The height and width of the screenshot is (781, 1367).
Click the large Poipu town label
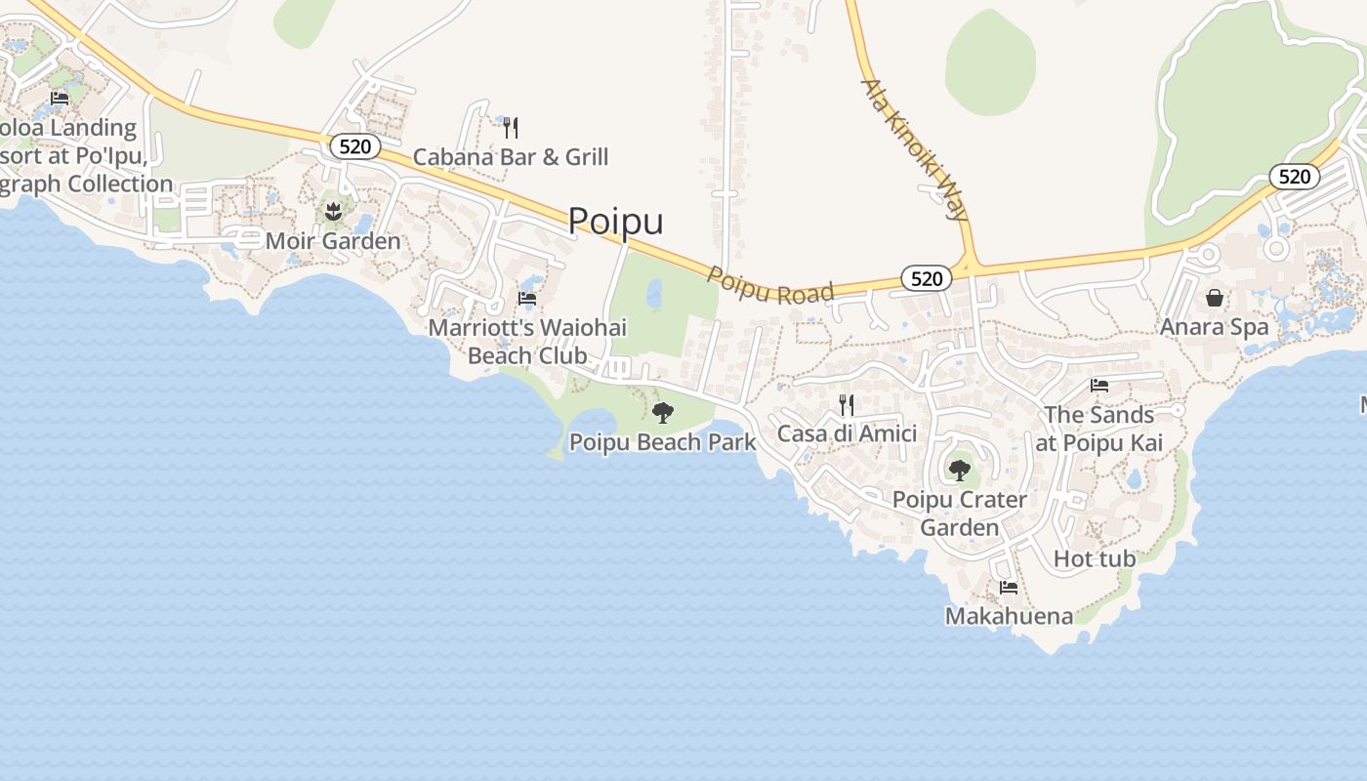point(615,221)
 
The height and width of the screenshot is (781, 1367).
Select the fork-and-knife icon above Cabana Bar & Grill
point(510,127)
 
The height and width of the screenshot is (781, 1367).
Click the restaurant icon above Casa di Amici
point(847,404)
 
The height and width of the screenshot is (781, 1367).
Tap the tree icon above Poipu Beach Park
point(663,412)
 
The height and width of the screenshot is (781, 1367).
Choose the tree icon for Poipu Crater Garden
point(960,470)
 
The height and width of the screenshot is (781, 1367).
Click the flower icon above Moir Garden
point(333,210)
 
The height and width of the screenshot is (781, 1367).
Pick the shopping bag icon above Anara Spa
point(1214,298)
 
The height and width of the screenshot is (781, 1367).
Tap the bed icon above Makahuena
point(1009,588)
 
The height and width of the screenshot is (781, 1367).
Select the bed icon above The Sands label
point(1099,386)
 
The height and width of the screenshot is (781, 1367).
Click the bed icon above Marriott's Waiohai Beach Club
point(527,298)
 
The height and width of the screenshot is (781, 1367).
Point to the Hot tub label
point(1095,558)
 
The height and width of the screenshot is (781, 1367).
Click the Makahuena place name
point(1009,616)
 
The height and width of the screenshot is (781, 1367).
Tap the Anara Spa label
point(1214,327)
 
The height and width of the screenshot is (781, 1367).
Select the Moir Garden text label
point(333,240)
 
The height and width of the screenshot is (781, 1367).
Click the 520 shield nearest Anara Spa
point(1294,177)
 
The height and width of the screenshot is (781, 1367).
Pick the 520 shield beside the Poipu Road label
point(926,279)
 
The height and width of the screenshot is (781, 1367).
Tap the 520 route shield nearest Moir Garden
point(354,146)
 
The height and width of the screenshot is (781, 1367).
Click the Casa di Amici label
point(847,433)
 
